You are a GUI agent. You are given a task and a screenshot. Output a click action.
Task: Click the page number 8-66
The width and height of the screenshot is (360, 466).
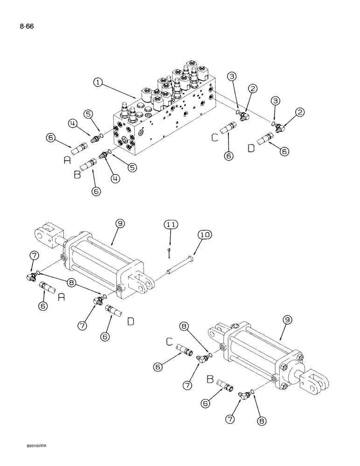(27, 27)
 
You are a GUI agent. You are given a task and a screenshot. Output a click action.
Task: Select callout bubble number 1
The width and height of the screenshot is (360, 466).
(97, 82)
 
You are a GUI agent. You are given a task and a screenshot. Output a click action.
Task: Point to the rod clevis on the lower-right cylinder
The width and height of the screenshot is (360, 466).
(315, 381)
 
